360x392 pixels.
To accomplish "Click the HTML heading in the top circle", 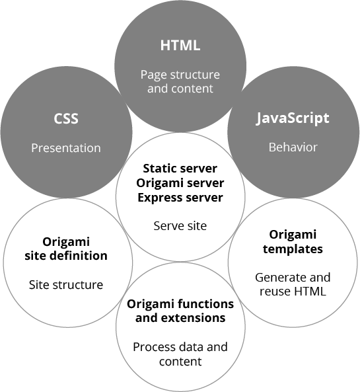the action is pyautogui.click(x=180, y=45).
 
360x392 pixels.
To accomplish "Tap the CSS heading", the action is pyautogui.click(x=66, y=118).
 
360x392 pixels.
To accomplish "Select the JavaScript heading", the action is pyautogui.click(x=293, y=118).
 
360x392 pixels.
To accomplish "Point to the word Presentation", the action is pyautogui.click(x=66, y=148).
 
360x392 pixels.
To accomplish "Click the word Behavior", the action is pyautogui.click(x=293, y=147).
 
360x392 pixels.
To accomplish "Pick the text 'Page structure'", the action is pyautogui.click(x=180, y=75).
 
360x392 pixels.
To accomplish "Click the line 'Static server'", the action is pyautogui.click(x=180, y=169).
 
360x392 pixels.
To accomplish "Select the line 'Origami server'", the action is pyautogui.click(x=180, y=183).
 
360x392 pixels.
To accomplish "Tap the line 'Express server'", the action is pyautogui.click(x=180, y=198).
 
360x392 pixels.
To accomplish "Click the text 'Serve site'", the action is pyautogui.click(x=180, y=226).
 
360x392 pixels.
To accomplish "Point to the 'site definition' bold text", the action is pyautogui.click(x=66, y=256).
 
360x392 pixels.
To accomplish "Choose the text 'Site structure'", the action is pyautogui.click(x=66, y=285).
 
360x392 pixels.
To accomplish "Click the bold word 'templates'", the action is pyautogui.click(x=293, y=249).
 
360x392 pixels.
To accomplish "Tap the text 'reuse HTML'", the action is pyautogui.click(x=293, y=292).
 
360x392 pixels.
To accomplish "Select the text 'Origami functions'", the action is pyautogui.click(x=180, y=304).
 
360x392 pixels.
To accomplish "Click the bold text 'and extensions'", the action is pyautogui.click(x=180, y=318).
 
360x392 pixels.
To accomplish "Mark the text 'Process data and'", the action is pyautogui.click(x=180, y=347).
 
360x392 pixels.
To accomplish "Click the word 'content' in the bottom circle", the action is pyautogui.click(x=180, y=361).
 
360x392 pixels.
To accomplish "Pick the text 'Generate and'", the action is pyautogui.click(x=293, y=277).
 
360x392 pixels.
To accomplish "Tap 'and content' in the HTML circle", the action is pyautogui.click(x=180, y=89).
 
